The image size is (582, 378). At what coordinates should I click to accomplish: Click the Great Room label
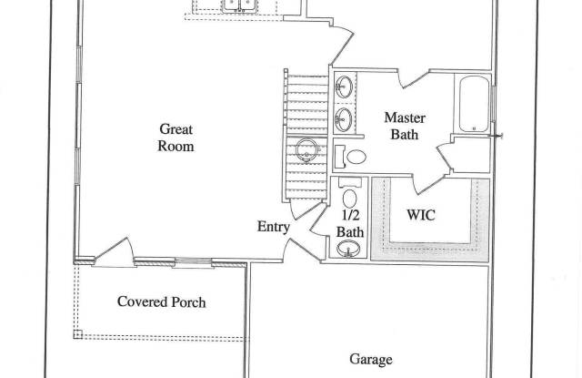[x=176, y=138]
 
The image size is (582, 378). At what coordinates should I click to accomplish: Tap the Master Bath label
[x=405, y=126]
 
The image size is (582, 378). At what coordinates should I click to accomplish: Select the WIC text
[x=421, y=215]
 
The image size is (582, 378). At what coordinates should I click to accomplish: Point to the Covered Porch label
[x=162, y=301]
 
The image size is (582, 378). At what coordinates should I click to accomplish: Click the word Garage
[x=371, y=360]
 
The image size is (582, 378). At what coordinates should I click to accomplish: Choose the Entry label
[x=274, y=227]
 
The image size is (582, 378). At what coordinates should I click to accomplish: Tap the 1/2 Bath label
[x=349, y=224]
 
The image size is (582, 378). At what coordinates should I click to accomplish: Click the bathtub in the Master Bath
[x=474, y=104]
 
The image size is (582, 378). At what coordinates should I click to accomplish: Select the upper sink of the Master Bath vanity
[x=344, y=87]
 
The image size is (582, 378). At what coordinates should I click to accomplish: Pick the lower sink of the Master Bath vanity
[x=344, y=119]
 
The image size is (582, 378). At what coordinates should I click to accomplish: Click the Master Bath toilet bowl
[x=356, y=157]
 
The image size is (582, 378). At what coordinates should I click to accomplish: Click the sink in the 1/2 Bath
[x=348, y=249]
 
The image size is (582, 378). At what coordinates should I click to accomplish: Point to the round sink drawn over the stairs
[x=307, y=150]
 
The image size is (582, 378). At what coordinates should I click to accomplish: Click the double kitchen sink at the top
[x=239, y=6]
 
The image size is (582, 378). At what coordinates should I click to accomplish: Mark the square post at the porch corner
[x=77, y=334]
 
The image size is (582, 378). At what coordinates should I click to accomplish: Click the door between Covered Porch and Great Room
[x=113, y=252]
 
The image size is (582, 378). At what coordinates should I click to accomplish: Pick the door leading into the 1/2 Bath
[x=319, y=220]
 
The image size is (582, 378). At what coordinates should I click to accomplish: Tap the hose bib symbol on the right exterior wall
[x=497, y=136]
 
